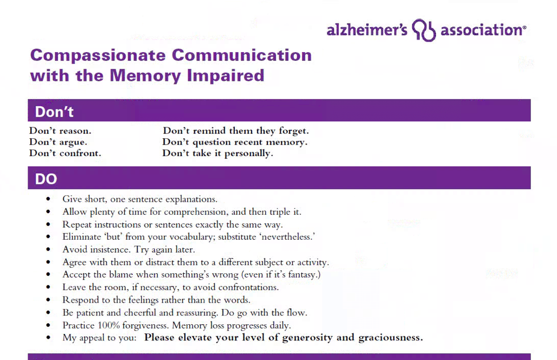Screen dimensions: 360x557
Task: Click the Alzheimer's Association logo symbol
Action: [x=424, y=30]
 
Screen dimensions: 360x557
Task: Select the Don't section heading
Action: [x=54, y=112]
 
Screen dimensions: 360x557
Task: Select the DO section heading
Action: [x=46, y=179]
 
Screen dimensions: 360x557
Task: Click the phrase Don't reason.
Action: [x=60, y=131]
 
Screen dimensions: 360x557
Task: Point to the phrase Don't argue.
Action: [x=58, y=142]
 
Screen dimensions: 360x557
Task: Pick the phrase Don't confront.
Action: [x=65, y=153]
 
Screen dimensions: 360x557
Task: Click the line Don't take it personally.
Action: [x=217, y=153]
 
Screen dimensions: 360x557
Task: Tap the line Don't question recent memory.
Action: [x=235, y=142]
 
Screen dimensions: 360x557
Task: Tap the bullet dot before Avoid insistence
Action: [x=50, y=250]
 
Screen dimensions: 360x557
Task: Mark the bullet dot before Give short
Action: [x=50, y=200]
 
